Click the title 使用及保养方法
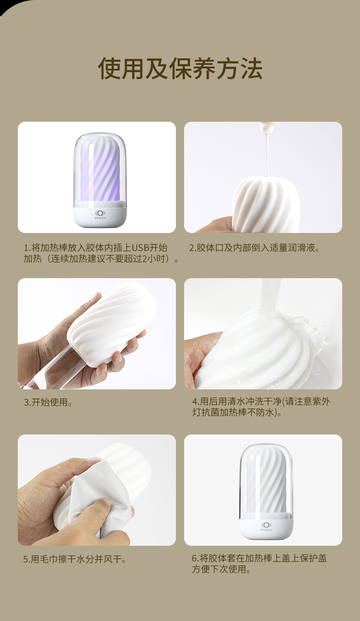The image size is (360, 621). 180,69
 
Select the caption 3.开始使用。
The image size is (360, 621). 48,403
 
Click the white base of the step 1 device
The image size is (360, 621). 99,217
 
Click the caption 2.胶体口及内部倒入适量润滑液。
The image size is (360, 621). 254,248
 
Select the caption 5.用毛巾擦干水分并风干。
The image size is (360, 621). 75,559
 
